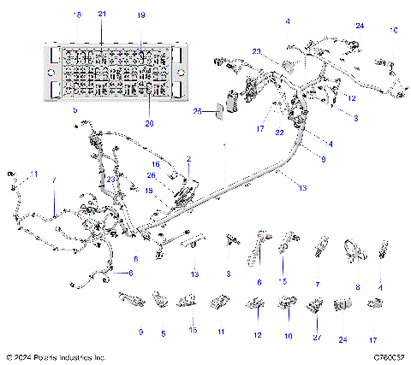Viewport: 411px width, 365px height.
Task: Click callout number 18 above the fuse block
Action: click(x=79, y=15)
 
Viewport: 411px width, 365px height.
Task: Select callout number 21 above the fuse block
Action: click(x=103, y=15)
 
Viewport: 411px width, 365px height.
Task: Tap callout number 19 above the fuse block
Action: click(x=141, y=15)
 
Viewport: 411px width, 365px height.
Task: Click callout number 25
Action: click(x=197, y=112)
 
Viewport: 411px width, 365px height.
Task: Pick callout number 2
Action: click(x=188, y=160)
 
